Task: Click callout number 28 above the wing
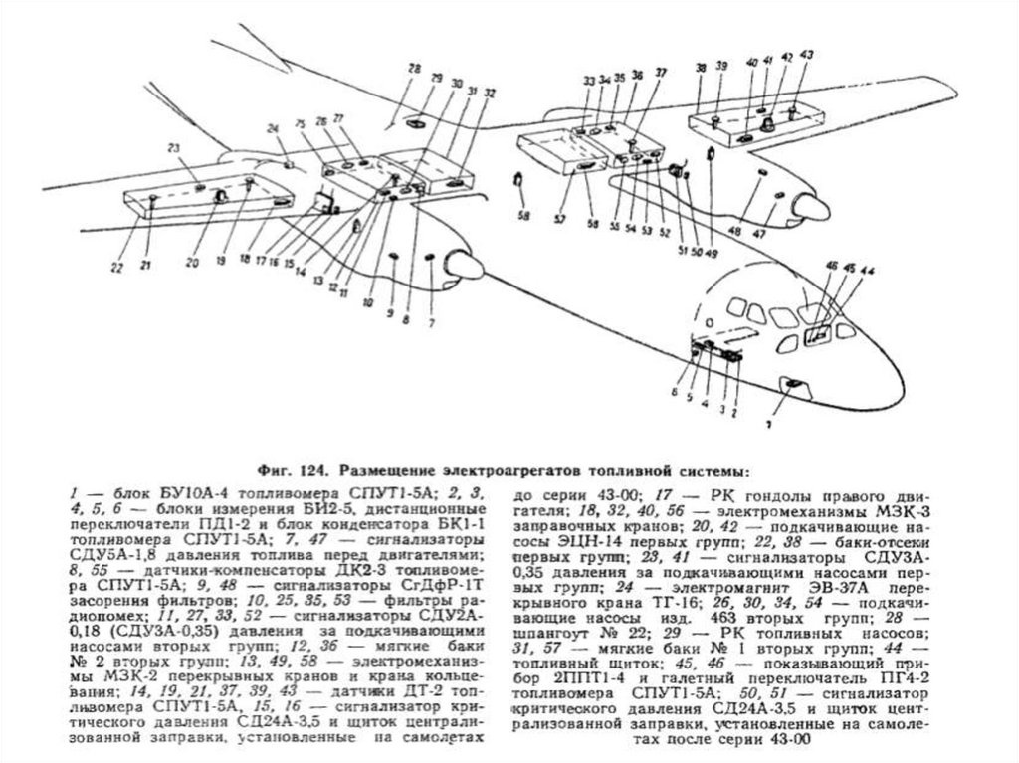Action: pos(412,66)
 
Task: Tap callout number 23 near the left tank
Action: pos(172,148)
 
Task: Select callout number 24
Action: pos(272,128)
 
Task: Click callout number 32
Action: pos(489,93)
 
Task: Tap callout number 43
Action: pos(806,54)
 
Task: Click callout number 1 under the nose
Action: pos(768,423)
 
